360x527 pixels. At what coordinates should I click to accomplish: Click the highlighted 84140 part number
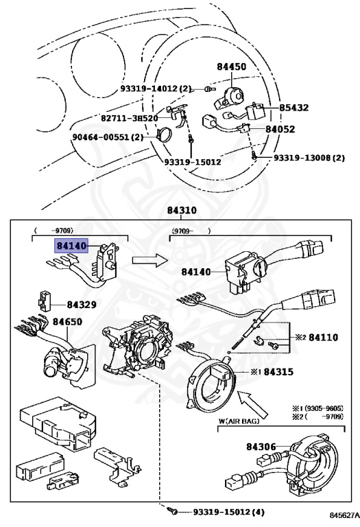coord(72,246)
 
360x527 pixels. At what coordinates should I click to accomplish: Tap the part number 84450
coord(231,67)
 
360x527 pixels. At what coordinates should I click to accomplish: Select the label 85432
coord(294,108)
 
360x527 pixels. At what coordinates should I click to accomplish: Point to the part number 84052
coord(280,130)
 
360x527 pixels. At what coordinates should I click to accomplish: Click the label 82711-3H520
coord(130,118)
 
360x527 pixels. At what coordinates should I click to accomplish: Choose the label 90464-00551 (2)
coord(108,137)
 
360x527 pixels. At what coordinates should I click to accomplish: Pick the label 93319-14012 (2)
coord(156,89)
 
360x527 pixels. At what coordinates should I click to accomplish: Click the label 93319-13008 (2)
coord(309,158)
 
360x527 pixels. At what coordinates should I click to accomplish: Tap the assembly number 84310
coord(182,211)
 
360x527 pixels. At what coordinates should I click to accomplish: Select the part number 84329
coord(82,305)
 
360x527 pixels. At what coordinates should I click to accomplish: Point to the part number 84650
coord(67,322)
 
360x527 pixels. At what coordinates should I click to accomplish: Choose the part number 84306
coord(261,447)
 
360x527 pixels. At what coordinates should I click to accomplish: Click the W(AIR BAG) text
coord(239,421)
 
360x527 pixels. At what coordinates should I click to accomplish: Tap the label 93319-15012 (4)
coord(229,512)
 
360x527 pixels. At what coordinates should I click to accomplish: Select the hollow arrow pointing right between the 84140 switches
coord(149,260)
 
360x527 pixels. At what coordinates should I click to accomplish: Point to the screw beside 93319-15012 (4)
coord(173,511)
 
